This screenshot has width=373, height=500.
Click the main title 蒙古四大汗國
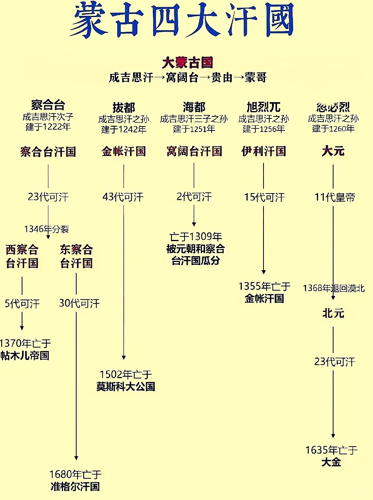[x=182, y=20]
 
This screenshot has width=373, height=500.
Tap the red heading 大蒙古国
[x=187, y=62]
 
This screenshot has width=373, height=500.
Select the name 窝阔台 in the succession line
[x=182, y=77]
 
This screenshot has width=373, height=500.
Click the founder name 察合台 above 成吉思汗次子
[x=48, y=105]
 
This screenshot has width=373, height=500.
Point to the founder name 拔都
[x=124, y=107]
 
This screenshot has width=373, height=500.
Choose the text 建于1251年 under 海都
[x=194, y=129]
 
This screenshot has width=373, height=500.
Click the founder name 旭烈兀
[x=263, y=107]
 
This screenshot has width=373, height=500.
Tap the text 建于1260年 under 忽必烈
[x=333, y=128]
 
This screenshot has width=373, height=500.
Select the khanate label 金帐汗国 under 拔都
[x=124, y=151]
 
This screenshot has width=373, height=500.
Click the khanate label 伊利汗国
[x=263, y=151]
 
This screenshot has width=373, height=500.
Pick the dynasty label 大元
[x=333, y=151]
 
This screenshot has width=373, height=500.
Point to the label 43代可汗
[x=123, y=197]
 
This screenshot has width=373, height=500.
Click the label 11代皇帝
[x=335, y=197]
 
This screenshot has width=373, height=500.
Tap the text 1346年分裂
[x=46, y=229]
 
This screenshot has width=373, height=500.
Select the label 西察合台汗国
[x=22, y=256]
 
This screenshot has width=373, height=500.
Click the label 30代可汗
[x=79, y=303]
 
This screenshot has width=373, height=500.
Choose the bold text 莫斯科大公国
[x=126, y=386]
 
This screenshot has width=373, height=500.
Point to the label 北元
[x=333, y=313]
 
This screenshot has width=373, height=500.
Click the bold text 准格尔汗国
[x=75, y=486]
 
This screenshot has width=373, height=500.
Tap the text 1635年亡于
[x=332, y=450]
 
